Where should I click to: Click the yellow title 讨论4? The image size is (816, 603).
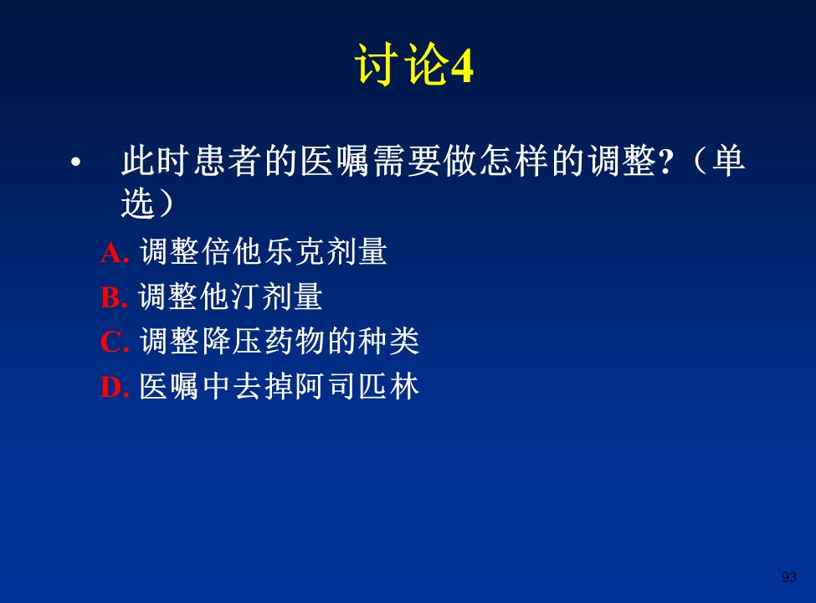pos(414,64)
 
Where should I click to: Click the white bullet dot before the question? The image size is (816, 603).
pos(76,162)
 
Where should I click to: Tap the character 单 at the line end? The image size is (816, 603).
pos(729,161)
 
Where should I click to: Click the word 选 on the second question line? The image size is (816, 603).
pos(138,203)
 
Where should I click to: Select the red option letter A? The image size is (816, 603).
pos(115,254)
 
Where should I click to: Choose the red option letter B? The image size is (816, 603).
pos(114,298)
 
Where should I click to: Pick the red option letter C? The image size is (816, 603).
pos(115,343)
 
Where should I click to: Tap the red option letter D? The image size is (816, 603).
pos(115,388)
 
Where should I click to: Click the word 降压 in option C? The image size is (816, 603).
pos(232,342)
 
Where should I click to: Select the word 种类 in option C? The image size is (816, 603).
pos(388,342)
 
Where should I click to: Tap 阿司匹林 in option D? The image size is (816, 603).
pos(357,386)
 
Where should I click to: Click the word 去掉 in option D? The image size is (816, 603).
pos(264,386)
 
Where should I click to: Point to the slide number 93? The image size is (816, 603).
pos(789,577)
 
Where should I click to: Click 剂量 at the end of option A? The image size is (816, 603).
pos(356,251)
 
